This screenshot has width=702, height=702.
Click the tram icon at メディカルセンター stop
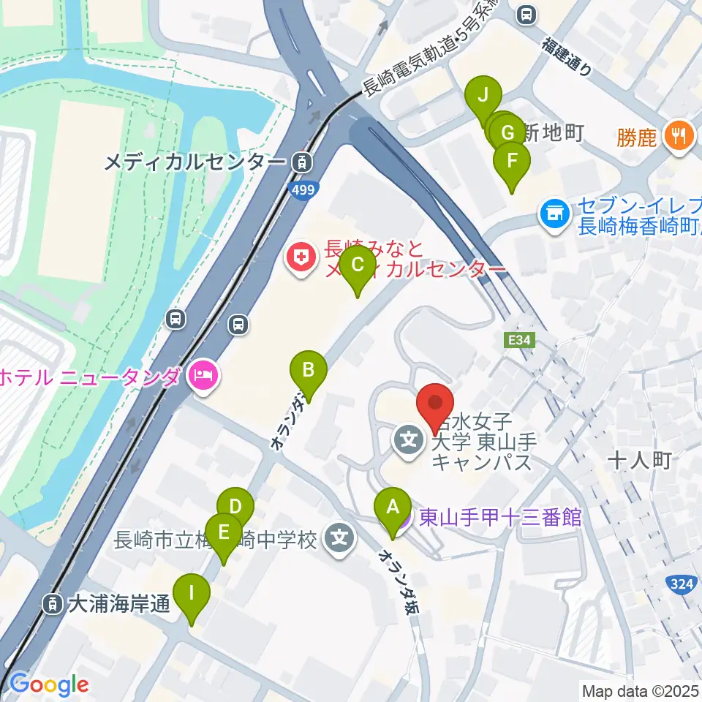[x=301, y=162]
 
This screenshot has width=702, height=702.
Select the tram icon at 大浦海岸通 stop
[x=53, y=604]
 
